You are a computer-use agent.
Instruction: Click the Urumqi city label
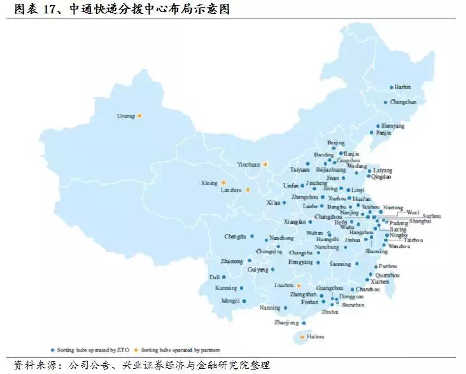click(125, 116)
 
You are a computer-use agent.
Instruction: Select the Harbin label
click(402, 87)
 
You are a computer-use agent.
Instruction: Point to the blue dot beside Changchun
click(385, 102)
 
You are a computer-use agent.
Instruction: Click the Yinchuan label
click(248, 164)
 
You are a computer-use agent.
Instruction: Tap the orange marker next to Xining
click(223, 183)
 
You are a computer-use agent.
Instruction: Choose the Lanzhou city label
click(232, 190)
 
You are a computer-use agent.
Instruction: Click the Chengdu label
click(235, 237)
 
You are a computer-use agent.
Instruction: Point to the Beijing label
click(335, 142)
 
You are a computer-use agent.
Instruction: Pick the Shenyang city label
click(393, 126)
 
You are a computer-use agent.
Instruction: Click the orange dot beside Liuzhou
click(299, 286)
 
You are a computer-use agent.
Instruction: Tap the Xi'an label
click(273, 202)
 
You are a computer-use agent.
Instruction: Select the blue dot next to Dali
click(223, 277)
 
